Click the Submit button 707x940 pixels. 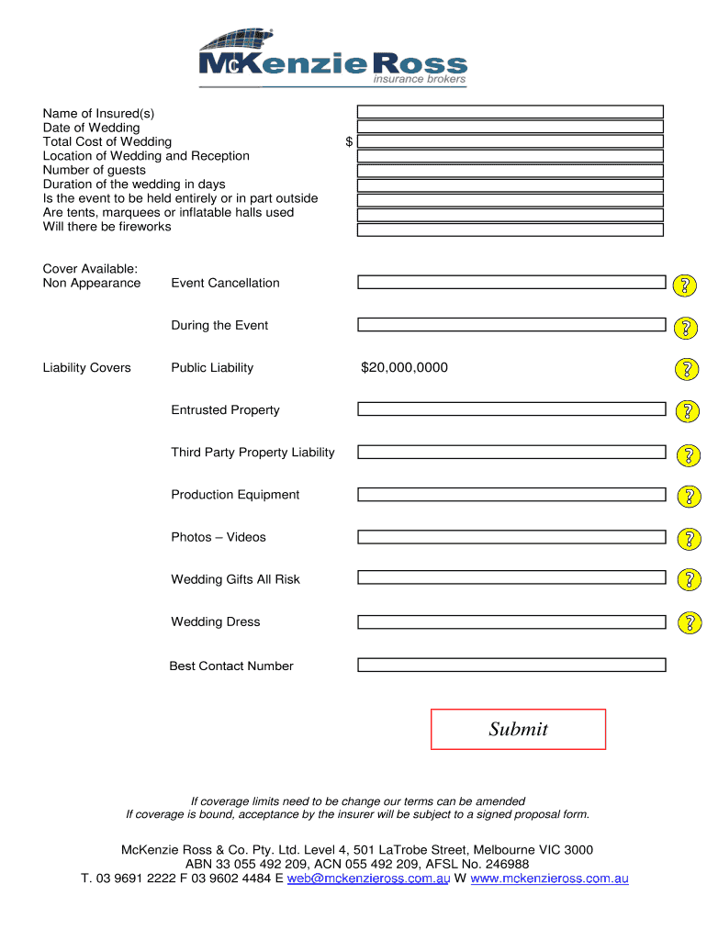518,729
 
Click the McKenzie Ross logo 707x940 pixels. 333,59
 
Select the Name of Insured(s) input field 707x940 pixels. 510,112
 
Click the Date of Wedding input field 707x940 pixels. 510,127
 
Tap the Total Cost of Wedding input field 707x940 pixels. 510,141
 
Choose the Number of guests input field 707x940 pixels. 510,171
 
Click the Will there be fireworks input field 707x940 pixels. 510,229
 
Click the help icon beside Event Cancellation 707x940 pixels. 685,285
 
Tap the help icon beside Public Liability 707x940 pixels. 687,370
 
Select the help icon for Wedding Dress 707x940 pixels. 689,623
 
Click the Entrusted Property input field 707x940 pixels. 511,409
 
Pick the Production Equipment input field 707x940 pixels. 511,495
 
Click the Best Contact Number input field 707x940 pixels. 511,666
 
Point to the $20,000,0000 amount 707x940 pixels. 404,368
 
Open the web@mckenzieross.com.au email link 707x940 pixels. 368,878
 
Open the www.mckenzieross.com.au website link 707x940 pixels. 549,878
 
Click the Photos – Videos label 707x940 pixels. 219,537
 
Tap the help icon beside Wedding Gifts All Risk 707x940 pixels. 689,580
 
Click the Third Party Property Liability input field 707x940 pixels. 511,452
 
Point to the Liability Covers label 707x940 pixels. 87,368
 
